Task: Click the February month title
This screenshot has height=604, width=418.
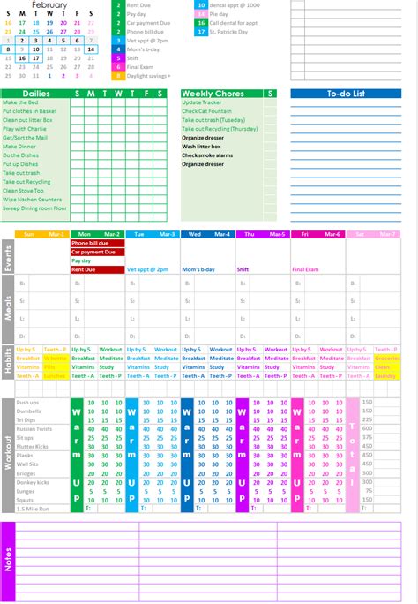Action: (x=49, y=4)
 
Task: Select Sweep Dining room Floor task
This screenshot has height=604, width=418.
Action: (x=35, y=208)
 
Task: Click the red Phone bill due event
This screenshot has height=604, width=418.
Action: (x=90, y=243)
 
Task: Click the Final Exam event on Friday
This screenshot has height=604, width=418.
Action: (x=304, y=269)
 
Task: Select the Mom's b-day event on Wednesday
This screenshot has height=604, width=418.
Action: (x=198, y=269)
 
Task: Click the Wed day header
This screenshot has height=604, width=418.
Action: (x=194, y=234)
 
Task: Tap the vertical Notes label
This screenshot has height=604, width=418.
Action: (x=9, y=561)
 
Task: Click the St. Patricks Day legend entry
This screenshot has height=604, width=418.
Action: (x=232, y=32)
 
